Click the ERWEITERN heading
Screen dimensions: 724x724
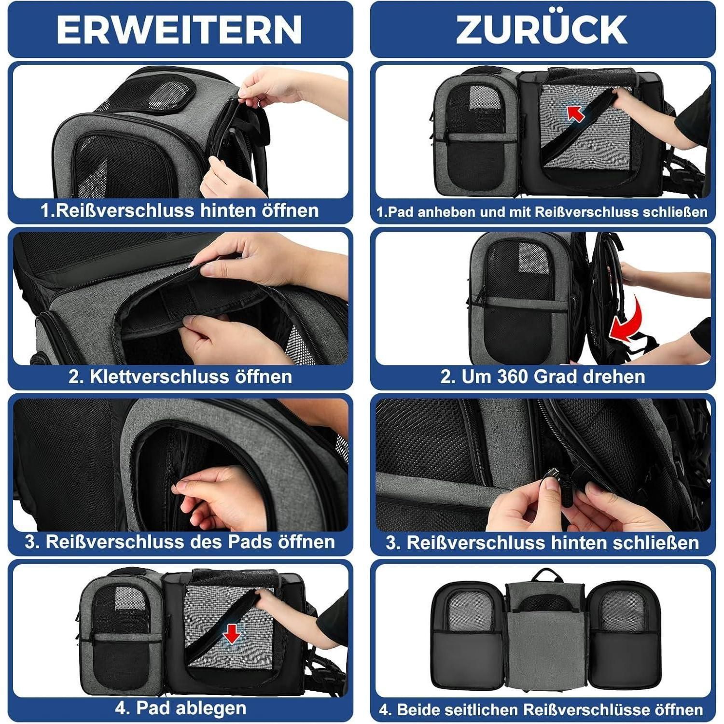pos(179,30)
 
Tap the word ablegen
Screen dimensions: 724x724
pos(211,708)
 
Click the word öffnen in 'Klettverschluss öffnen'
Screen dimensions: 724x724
pos(264,376)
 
